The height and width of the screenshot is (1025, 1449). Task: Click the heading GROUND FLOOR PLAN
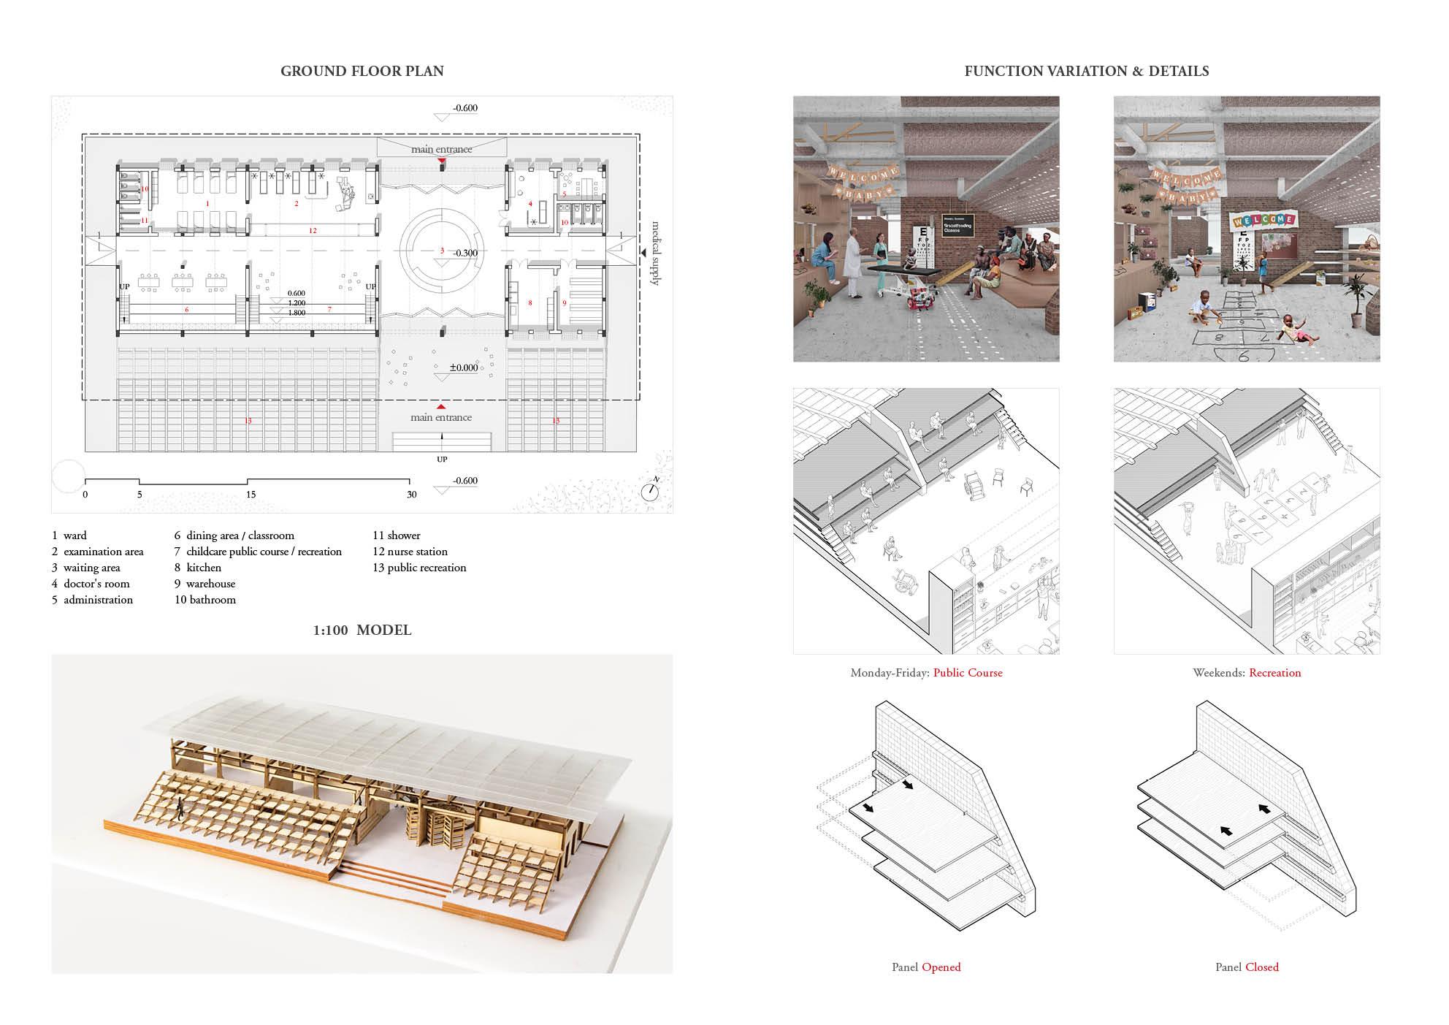click(x=362, y=72)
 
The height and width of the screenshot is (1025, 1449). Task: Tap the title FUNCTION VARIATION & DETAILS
click(x=1086, y=72)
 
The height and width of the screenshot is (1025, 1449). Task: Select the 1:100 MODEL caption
click(x=362, y=630)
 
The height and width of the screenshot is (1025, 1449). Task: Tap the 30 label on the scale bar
click(x=412, y=495)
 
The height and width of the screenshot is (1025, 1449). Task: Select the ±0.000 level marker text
click(x=464, y=367)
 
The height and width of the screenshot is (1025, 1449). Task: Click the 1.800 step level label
click(x=297, y=313)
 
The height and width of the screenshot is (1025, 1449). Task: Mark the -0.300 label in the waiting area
click(x=464, y=253)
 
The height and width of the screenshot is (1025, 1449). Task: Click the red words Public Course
click(x=968, y=673)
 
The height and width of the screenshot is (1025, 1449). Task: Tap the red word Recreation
click(x=1274, y=673)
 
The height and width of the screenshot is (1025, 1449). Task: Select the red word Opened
click(x=941, y=967)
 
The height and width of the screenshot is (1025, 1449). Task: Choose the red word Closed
click(x=1261, y=967)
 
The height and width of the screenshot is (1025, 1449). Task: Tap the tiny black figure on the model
click(x=178, y=807)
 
